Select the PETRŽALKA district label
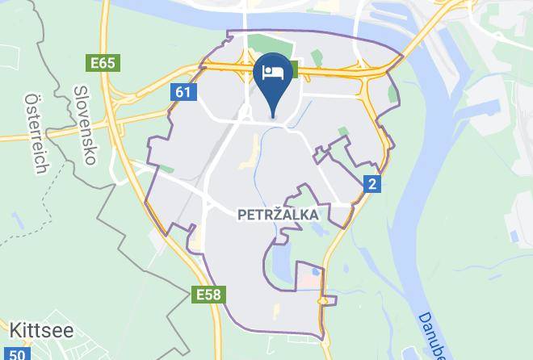click(277, 216)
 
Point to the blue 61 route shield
click(183, 92)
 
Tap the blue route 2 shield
click(371, 184)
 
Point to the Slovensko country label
click(85, 125)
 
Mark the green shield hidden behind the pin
click(293, 69)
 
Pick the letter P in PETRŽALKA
click(241, 216)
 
